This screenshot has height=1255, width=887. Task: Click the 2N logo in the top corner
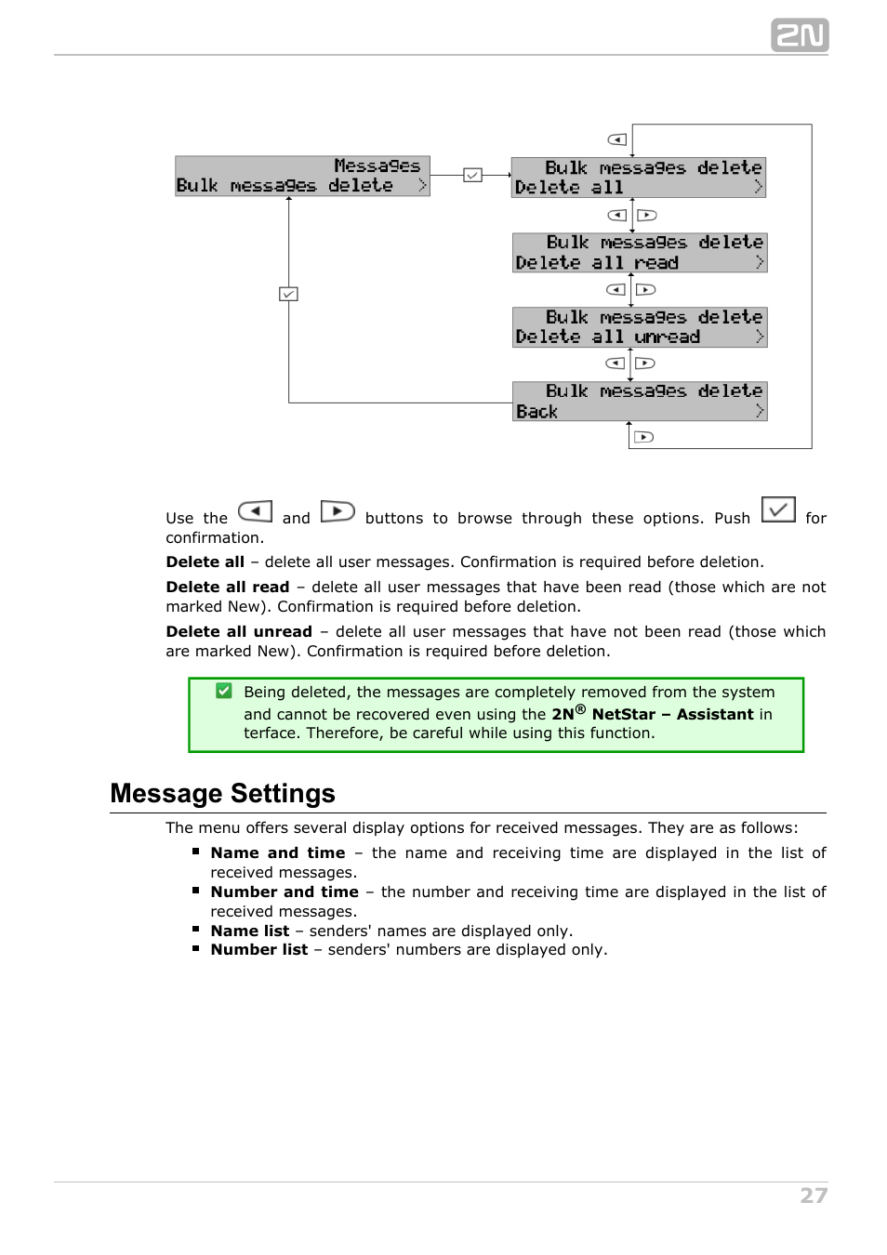coord(799,35)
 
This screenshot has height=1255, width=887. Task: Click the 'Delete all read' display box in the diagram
coord(640,253)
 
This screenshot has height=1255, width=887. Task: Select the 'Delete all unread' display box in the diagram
coord(640,327)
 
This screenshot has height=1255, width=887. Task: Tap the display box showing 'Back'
coord(640,402)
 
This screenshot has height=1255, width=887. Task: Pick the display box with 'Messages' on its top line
coord(302,176)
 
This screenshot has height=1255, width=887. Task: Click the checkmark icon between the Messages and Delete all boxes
coord(472,175)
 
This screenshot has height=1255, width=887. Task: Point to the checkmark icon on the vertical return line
coord(288,294)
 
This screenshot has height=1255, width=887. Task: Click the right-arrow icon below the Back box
coord(643,437)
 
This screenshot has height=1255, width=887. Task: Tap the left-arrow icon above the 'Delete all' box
coord(617,139)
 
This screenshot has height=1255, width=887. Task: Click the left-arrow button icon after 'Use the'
coord(255,511)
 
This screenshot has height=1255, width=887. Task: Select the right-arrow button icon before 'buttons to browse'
coord(338,511)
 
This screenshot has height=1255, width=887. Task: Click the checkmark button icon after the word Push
coord(778,509)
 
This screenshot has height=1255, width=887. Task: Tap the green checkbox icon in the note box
coord(224,691)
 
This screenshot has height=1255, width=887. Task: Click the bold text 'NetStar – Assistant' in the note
coord(672,714)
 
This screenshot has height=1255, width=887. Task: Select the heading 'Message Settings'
coord(222,793)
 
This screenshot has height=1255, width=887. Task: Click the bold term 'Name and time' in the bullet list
coord(277,852)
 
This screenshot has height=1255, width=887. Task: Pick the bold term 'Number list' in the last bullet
coord(258,949)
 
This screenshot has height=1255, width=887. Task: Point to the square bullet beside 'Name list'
coord(196,929)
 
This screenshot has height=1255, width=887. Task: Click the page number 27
coord(814,1196)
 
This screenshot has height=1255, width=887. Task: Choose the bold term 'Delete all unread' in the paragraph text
coord(239,631)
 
